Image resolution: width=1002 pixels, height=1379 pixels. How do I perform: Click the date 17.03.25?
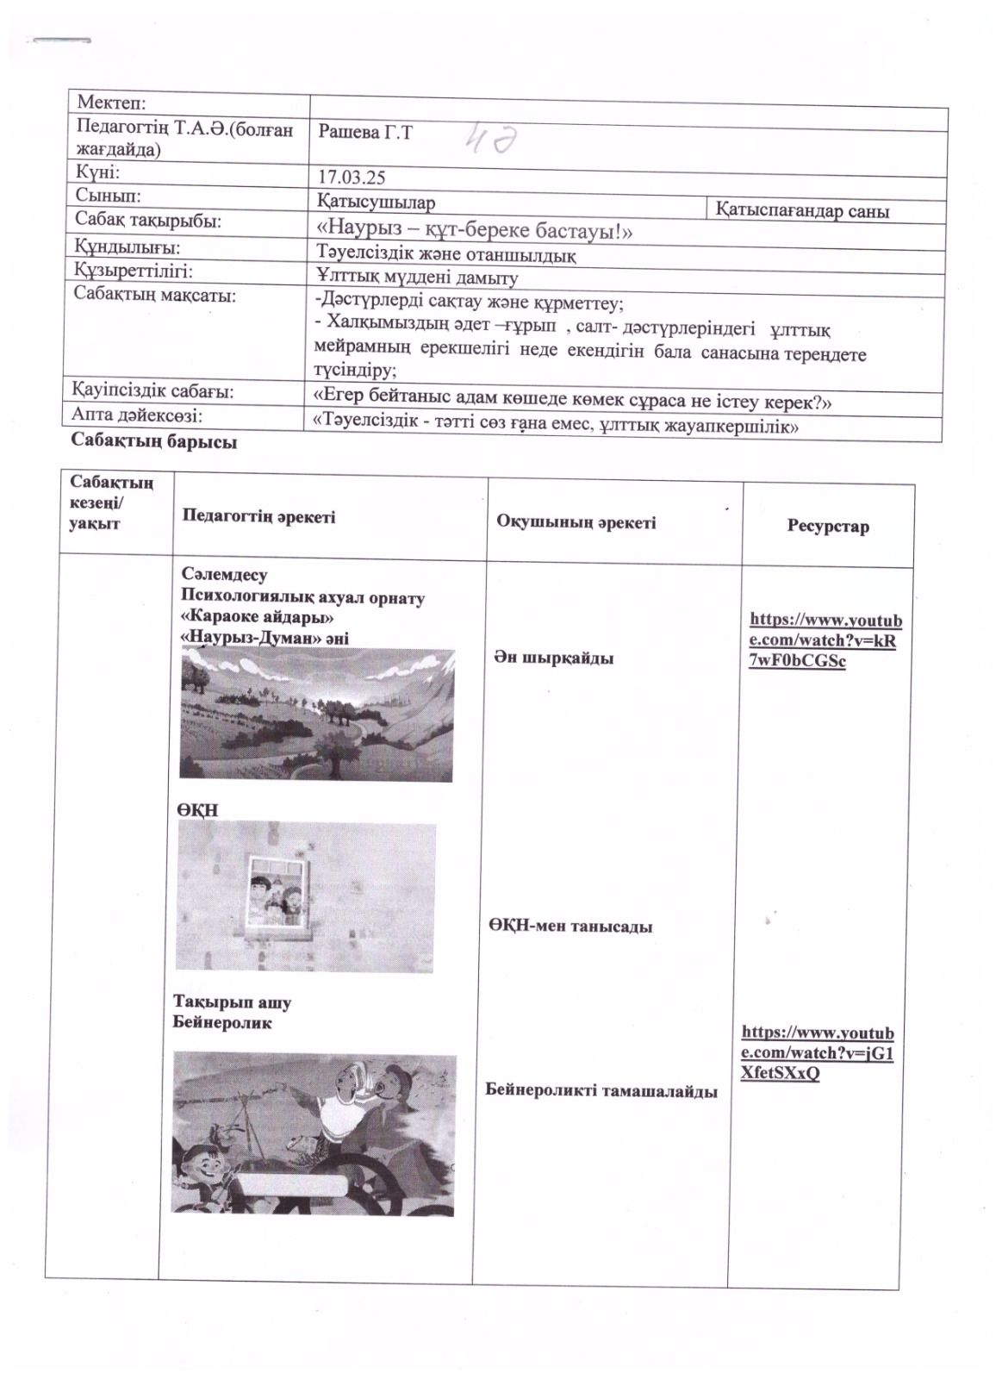(x=352, y=178)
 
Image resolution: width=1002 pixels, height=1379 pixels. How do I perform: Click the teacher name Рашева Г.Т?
(x=365, y=133)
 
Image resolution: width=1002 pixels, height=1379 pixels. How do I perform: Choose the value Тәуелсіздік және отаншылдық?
(x=446, y=255)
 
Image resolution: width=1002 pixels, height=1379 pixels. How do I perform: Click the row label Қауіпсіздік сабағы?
(x=154, y=391)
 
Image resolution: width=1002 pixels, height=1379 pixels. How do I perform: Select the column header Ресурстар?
(x=827, y=526)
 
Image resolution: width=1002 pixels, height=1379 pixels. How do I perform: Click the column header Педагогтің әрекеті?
(x=258, y=517)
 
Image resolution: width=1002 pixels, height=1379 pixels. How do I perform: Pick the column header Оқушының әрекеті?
(x=576, y=522)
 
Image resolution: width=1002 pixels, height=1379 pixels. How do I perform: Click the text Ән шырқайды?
(x=554, y=658)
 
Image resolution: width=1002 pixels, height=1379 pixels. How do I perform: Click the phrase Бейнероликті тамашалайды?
(x=601, y=1091)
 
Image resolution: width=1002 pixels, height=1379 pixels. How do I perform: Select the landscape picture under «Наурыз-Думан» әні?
(x=316, y=714)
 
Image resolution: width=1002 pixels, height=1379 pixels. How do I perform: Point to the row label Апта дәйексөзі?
(x=137, y=415)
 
